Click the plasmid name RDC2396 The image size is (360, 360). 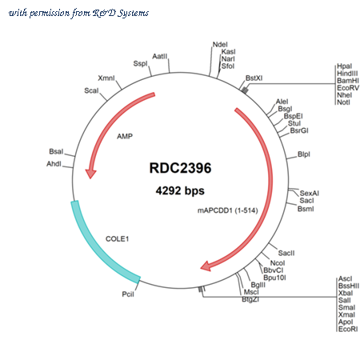180,168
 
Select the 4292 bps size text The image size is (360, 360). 180,190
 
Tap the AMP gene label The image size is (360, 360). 125,136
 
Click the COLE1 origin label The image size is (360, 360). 117,238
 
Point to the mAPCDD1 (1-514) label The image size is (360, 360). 228,210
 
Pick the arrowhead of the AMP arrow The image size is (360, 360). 90,174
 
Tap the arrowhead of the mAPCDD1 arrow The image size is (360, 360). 206,266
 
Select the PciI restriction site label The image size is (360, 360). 128,294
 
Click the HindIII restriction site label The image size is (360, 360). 347,74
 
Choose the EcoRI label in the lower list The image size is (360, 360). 348,329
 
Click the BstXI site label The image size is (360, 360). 254,78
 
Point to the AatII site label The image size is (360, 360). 160,56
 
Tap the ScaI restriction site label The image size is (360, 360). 91,90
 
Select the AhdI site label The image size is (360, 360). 54,163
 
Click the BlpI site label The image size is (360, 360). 304,154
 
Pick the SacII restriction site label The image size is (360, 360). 286,253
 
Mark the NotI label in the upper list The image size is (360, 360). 343,102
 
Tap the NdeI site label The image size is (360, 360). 220,45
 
